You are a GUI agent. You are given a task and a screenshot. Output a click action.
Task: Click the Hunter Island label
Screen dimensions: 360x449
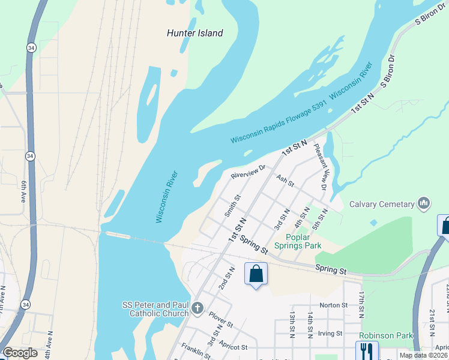point(194,33)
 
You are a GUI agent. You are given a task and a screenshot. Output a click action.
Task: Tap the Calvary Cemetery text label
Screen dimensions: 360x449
point(382,204)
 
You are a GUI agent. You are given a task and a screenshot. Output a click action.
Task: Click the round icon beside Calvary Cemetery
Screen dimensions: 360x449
point(425,204)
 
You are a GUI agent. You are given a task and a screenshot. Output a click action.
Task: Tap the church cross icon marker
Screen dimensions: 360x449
point(197,310)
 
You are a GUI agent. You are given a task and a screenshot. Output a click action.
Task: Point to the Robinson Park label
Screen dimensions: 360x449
point(387,336)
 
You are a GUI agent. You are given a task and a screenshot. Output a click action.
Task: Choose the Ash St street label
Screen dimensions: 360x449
point(285,180)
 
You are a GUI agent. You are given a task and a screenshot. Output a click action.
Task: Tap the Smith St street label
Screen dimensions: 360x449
point(232,206)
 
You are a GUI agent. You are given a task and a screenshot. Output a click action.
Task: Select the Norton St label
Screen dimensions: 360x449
point(334,305)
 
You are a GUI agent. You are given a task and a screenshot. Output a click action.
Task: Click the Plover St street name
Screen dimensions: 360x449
point(221,319)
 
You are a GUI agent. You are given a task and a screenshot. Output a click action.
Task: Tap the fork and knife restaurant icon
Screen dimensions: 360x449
point(367,350)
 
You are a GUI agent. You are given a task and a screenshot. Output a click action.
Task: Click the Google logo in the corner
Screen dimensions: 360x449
point(20,353)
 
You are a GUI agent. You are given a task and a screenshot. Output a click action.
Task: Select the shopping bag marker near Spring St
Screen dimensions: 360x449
point(256,274)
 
